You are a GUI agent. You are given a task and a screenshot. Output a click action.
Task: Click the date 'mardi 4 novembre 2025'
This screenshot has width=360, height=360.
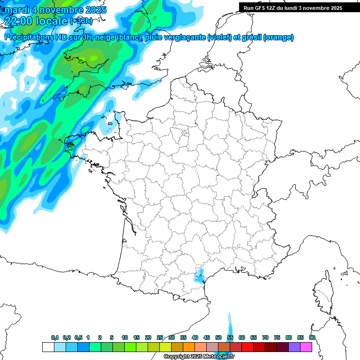point(56,10)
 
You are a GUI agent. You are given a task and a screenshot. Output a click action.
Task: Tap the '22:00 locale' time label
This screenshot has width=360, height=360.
point(37,21)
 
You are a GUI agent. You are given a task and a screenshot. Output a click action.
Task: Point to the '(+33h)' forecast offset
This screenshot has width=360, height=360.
point(81,21)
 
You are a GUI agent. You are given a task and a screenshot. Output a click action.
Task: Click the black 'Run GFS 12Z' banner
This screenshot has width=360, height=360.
point(293,7)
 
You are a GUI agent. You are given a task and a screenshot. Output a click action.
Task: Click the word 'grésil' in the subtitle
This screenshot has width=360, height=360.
point(251,37)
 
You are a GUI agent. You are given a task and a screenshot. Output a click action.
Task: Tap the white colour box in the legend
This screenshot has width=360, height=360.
point(48,347)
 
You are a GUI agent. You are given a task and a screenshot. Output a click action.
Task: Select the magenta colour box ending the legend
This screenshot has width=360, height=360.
point(306,347)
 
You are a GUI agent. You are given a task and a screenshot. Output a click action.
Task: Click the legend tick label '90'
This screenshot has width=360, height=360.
point(312,337)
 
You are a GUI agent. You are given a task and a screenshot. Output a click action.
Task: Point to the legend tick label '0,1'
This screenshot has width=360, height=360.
point(55,337)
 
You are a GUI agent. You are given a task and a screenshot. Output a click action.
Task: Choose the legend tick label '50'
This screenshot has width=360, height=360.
point(218,337)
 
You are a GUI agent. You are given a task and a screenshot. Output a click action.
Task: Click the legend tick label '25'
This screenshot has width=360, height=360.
point(160,337)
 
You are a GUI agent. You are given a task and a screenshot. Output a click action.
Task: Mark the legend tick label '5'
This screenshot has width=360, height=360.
point(112,337)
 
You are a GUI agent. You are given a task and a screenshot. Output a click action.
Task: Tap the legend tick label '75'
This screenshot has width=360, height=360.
point(277,337)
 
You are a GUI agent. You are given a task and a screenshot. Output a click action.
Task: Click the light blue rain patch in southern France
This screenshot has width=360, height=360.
point(200,275)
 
